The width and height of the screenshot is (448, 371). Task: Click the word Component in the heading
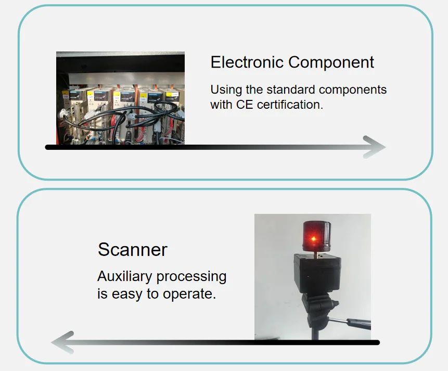pos(331,62)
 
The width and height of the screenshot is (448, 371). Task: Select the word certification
pos(290,105)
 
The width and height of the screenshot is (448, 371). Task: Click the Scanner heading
pos(132,250)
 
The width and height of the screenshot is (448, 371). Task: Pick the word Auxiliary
pos(124,277)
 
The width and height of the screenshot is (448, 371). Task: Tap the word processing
pos(191,277)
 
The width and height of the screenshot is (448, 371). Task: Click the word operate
pos(189,294)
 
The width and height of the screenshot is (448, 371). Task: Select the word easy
pos(127,295)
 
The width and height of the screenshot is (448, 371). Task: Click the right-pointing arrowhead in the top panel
pos(374,147)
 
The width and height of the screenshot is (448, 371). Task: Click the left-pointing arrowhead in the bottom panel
pos(62,342)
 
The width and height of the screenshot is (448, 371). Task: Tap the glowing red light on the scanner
pos(313,238)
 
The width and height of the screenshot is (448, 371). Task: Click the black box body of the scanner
pos(317,274)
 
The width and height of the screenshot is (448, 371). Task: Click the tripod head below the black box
pos(319,310)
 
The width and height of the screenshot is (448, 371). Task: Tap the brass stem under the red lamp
pos(316,254)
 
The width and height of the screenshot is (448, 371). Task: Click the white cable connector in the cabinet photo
pos(63,113)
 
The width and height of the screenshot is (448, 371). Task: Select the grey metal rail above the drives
pos(126,78)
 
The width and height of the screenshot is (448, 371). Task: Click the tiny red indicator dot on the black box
pos(308,277)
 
